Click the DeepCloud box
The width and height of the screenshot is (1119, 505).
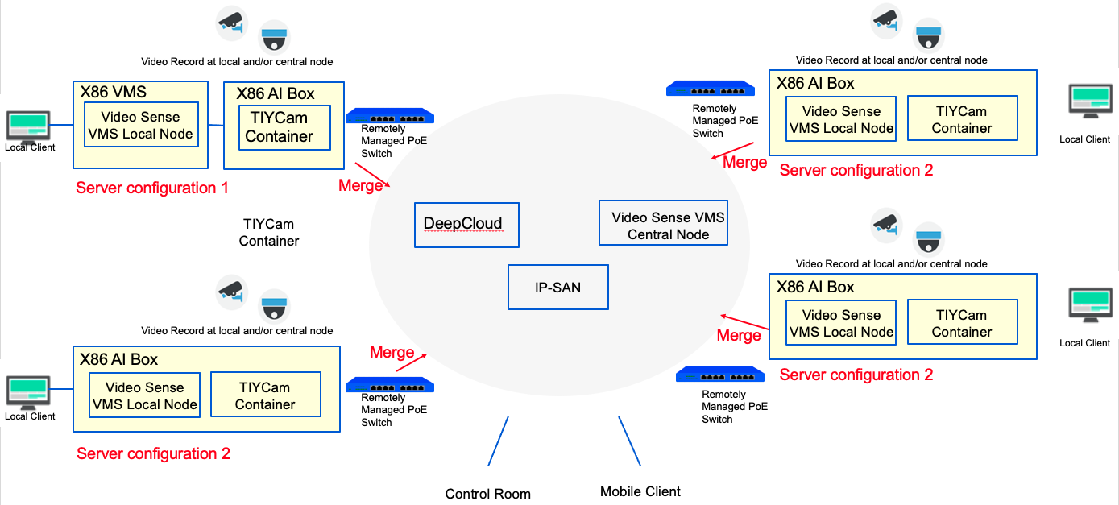[466, 225]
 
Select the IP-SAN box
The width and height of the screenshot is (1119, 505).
[558, 288]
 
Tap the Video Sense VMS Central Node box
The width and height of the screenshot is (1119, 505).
[663, 223]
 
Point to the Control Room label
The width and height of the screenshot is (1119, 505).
[487, 494]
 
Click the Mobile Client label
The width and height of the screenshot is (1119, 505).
[640, 491]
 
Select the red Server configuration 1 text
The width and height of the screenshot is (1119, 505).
[152, 188]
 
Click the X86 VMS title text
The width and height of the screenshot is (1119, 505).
[114, 92]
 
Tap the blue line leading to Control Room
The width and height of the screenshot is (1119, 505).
[498, 441]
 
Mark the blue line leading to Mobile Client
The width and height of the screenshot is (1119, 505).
[629, 441]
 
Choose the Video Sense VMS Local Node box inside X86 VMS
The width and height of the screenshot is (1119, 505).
[141, 125]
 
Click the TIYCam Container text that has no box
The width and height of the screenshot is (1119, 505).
[269, 232]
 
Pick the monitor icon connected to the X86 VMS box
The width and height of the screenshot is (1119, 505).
[28, 126]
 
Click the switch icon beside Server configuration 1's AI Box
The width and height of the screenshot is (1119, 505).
[390, 116]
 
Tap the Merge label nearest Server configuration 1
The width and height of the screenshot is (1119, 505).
[360, 185]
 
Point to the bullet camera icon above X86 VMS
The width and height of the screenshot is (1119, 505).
[232, 23]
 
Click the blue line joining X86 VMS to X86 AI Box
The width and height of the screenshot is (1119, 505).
[216, 125]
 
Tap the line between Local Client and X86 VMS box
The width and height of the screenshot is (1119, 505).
[61, 125]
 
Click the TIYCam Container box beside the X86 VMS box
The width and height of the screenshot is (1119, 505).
[284, 127]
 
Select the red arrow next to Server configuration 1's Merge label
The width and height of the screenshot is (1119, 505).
[372, 175]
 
